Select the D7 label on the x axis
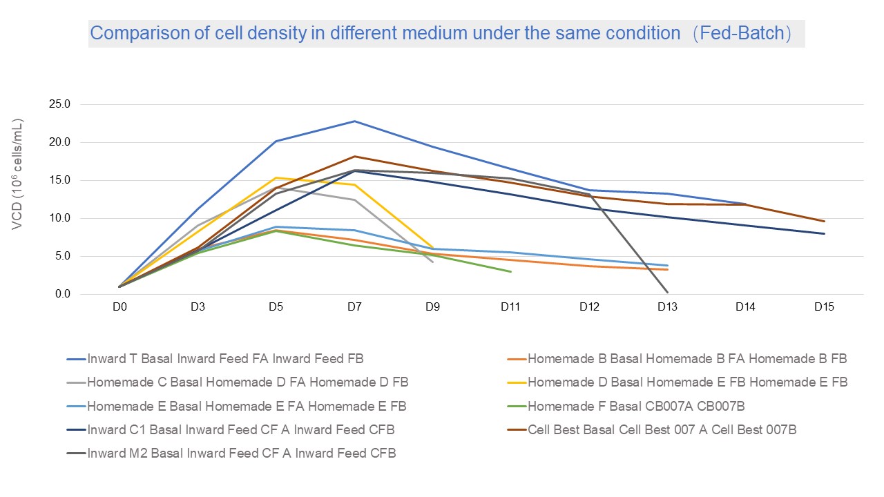click(354, 308)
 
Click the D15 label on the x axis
click(824, 308)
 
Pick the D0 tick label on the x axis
click(119, 308)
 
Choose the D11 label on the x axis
click(510, 308)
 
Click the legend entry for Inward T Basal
click(225, 359)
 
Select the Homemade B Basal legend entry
click(686, 359)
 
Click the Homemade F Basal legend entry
click(635, 407)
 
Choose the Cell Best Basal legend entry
click(662, 430)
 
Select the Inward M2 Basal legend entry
click(241, 454)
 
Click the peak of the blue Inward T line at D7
click(354, 121)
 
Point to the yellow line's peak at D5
click(276, 178)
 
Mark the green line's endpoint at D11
click(510, 272)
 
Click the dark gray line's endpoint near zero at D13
click(668, 293)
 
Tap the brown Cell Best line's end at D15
click(824, 222)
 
